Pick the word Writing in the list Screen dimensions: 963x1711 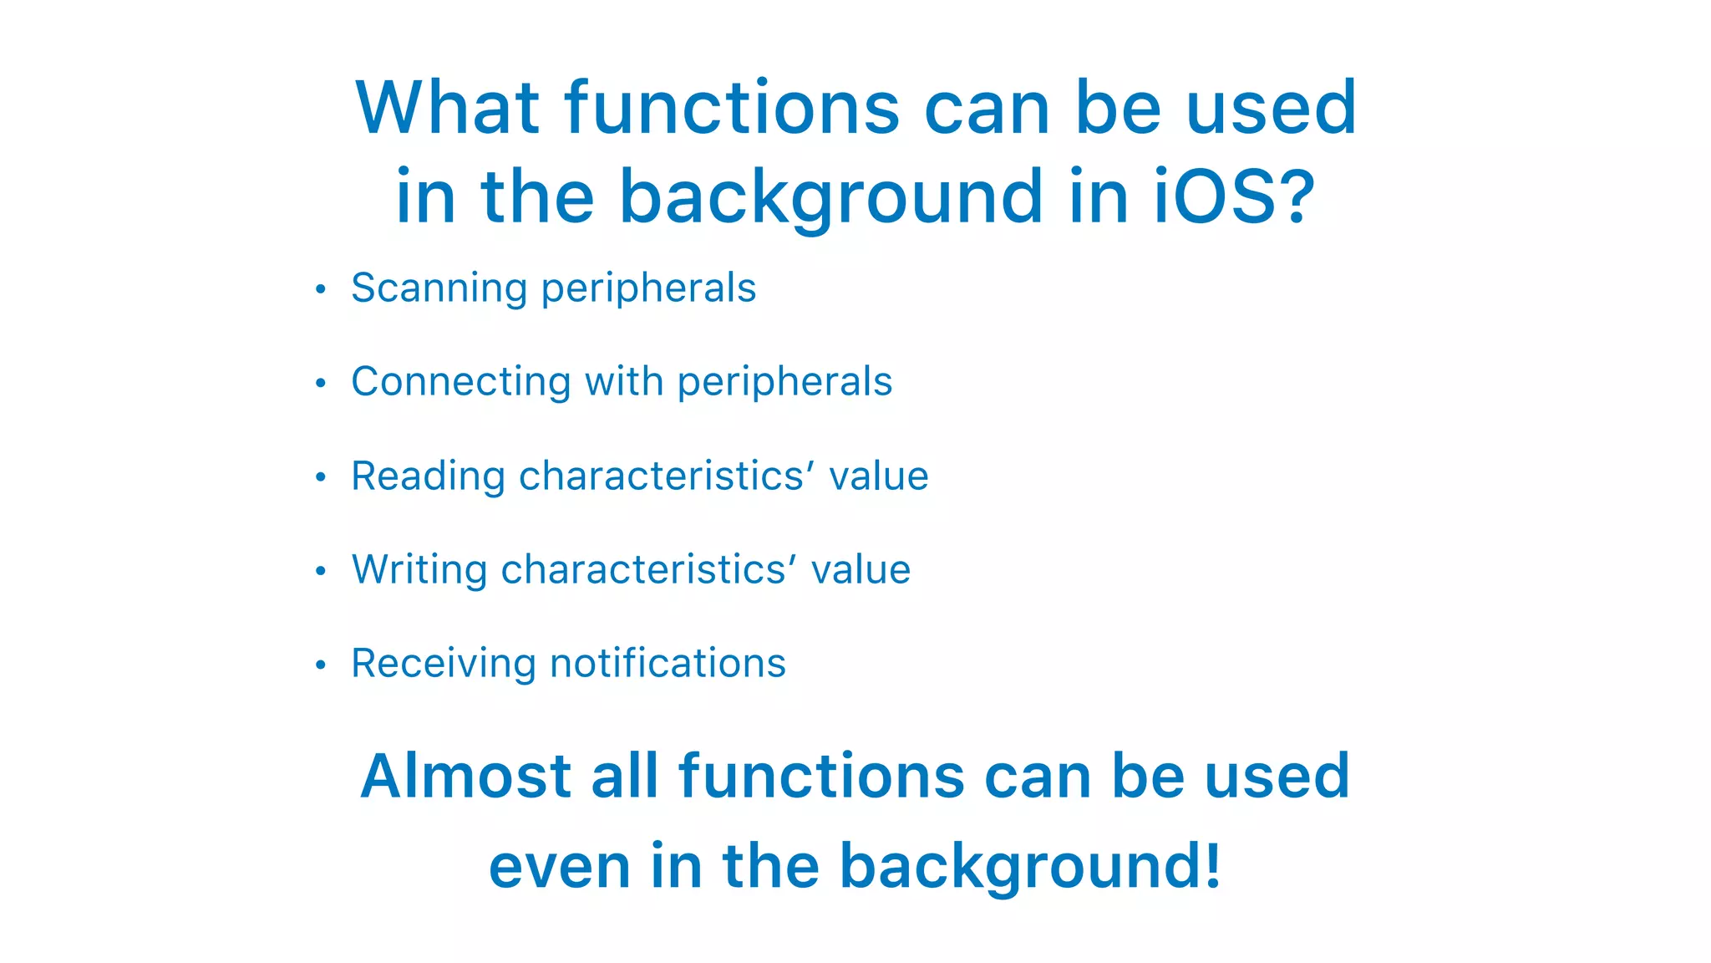[x=419, y=570]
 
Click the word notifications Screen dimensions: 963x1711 [x=668, y=664]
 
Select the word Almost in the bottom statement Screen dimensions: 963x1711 [x=465, y=777]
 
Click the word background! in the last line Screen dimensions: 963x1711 [x=1030, y=867]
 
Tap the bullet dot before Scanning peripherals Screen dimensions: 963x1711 [x=320, y=290]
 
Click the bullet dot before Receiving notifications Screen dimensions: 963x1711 [x=320, y=665]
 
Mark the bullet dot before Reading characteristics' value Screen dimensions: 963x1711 [x=320, y=477]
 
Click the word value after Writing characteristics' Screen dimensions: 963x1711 [x=861, y=570]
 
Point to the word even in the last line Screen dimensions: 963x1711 [x=559, y=867]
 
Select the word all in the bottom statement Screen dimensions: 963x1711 [x=624, y=777]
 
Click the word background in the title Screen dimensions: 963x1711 [x=831, y=198]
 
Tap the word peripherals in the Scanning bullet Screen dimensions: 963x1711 [x=648, y=288]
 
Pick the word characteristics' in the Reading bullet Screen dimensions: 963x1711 [x=666, y=476]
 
